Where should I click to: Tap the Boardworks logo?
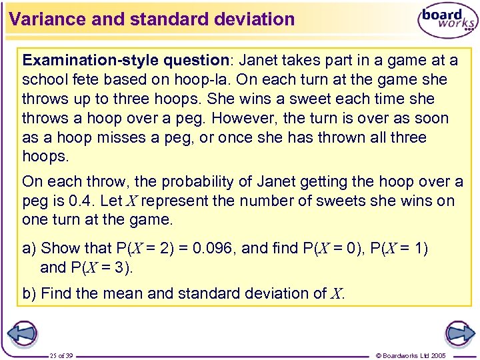[x=447, y=21]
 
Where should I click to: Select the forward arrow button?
[x=459, y=334]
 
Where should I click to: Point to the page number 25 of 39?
[x=61, y=355]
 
